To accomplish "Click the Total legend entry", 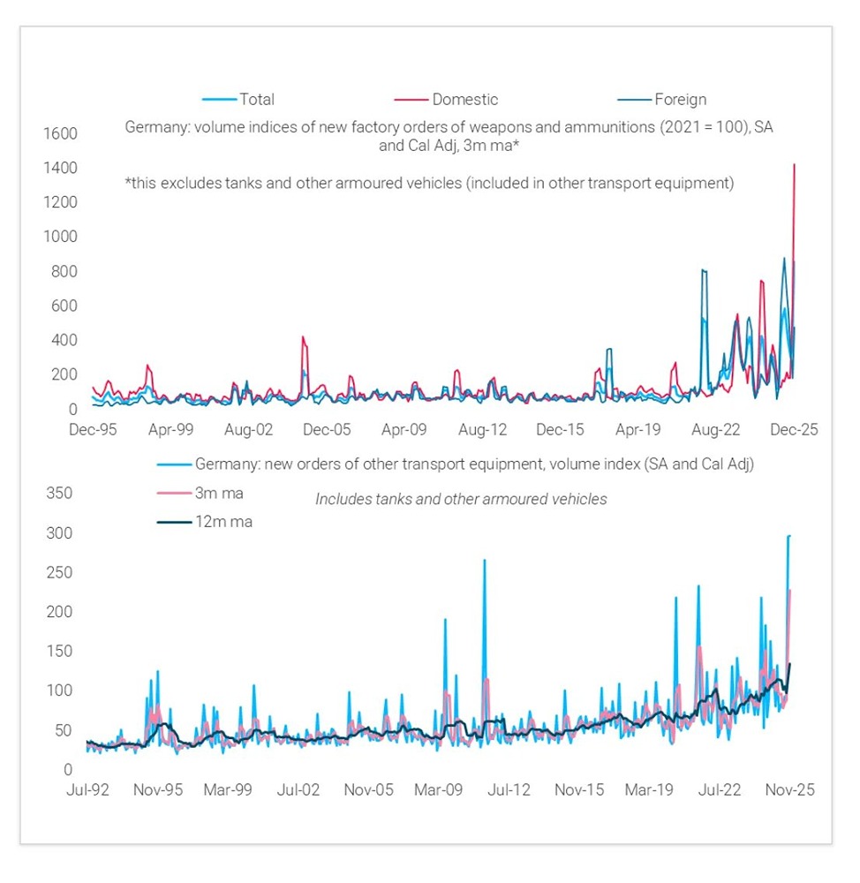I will (x=256, y=100).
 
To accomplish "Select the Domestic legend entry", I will (x=464, y=100).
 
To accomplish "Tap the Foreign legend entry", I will (x=679, y=100).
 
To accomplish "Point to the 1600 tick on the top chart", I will (x=60, y=134).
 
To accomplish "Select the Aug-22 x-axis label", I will (x=715, y=430).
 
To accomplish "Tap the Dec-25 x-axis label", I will (x=793, y=430).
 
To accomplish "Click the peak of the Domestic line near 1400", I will (x=795, y=165).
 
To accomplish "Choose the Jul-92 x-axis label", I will (x=87, y=789).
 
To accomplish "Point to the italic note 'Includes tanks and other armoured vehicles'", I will (x=461, y=500).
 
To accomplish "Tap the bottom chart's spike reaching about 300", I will (x=788, y=536).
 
